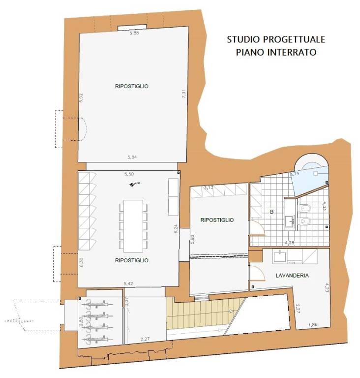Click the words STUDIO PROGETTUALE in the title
pyautogui.click(x=275, y=40)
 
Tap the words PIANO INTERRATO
pyautogui.click(x=275, y=52)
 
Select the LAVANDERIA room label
pyautogui.click(x=292, y=276)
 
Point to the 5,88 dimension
pyautogui.click(x=134, y=33)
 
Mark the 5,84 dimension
pyautogui.click(x=132, y=157)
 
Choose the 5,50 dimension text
pyautogui.click(x=129, y=174)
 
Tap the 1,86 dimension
pyautogui.click(x=313, y=325)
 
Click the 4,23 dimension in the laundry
pyautogui.click(x=326, y=288)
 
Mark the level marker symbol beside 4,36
pyautogui.click(x=131, y=185)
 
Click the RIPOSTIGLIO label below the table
pyautogui.click(x=131, y=260)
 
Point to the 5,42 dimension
pyautogui.click(x=129, y=283)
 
